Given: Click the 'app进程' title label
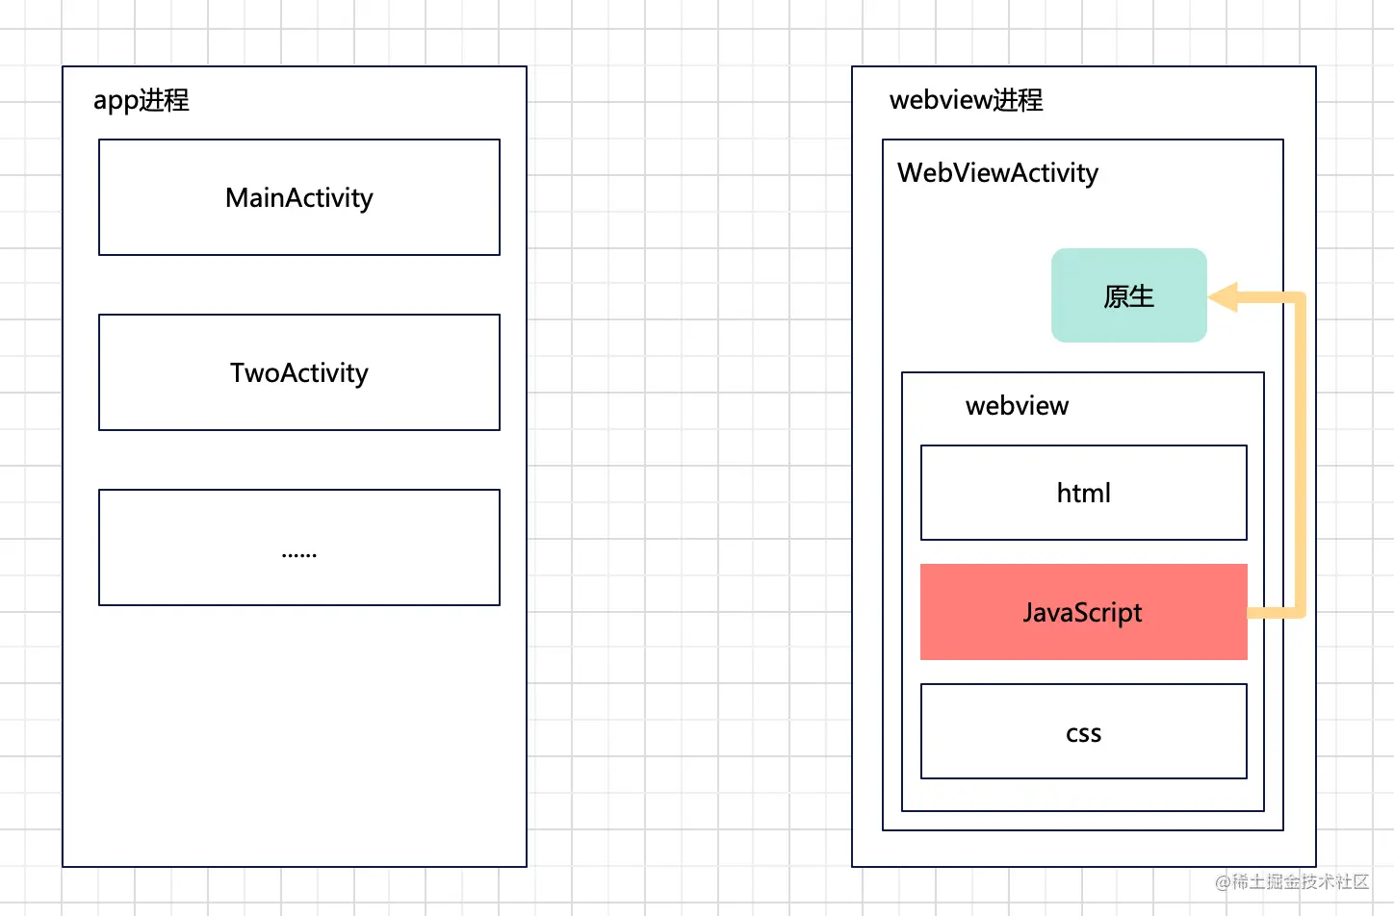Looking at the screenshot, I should click(x=141, y=100).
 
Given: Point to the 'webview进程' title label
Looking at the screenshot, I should click(x=966, y=100).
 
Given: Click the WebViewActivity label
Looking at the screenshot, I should click(x=997, y=173).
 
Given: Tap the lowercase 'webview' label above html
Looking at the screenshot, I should click(x=1017, y=406).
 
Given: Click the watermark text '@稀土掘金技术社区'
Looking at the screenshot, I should click(x=1292, y=881).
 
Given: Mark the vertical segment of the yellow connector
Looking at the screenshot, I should click(x=1300, y=452).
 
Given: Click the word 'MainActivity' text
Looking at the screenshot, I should click(x=298, y=198).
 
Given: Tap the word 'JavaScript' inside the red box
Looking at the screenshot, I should click(x=1082, y=613).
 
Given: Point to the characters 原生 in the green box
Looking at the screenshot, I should click(x=1128, y=296).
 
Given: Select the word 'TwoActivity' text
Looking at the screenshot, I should click(x=298, y=373).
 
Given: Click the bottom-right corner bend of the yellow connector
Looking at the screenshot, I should click(x=1300, y=612).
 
